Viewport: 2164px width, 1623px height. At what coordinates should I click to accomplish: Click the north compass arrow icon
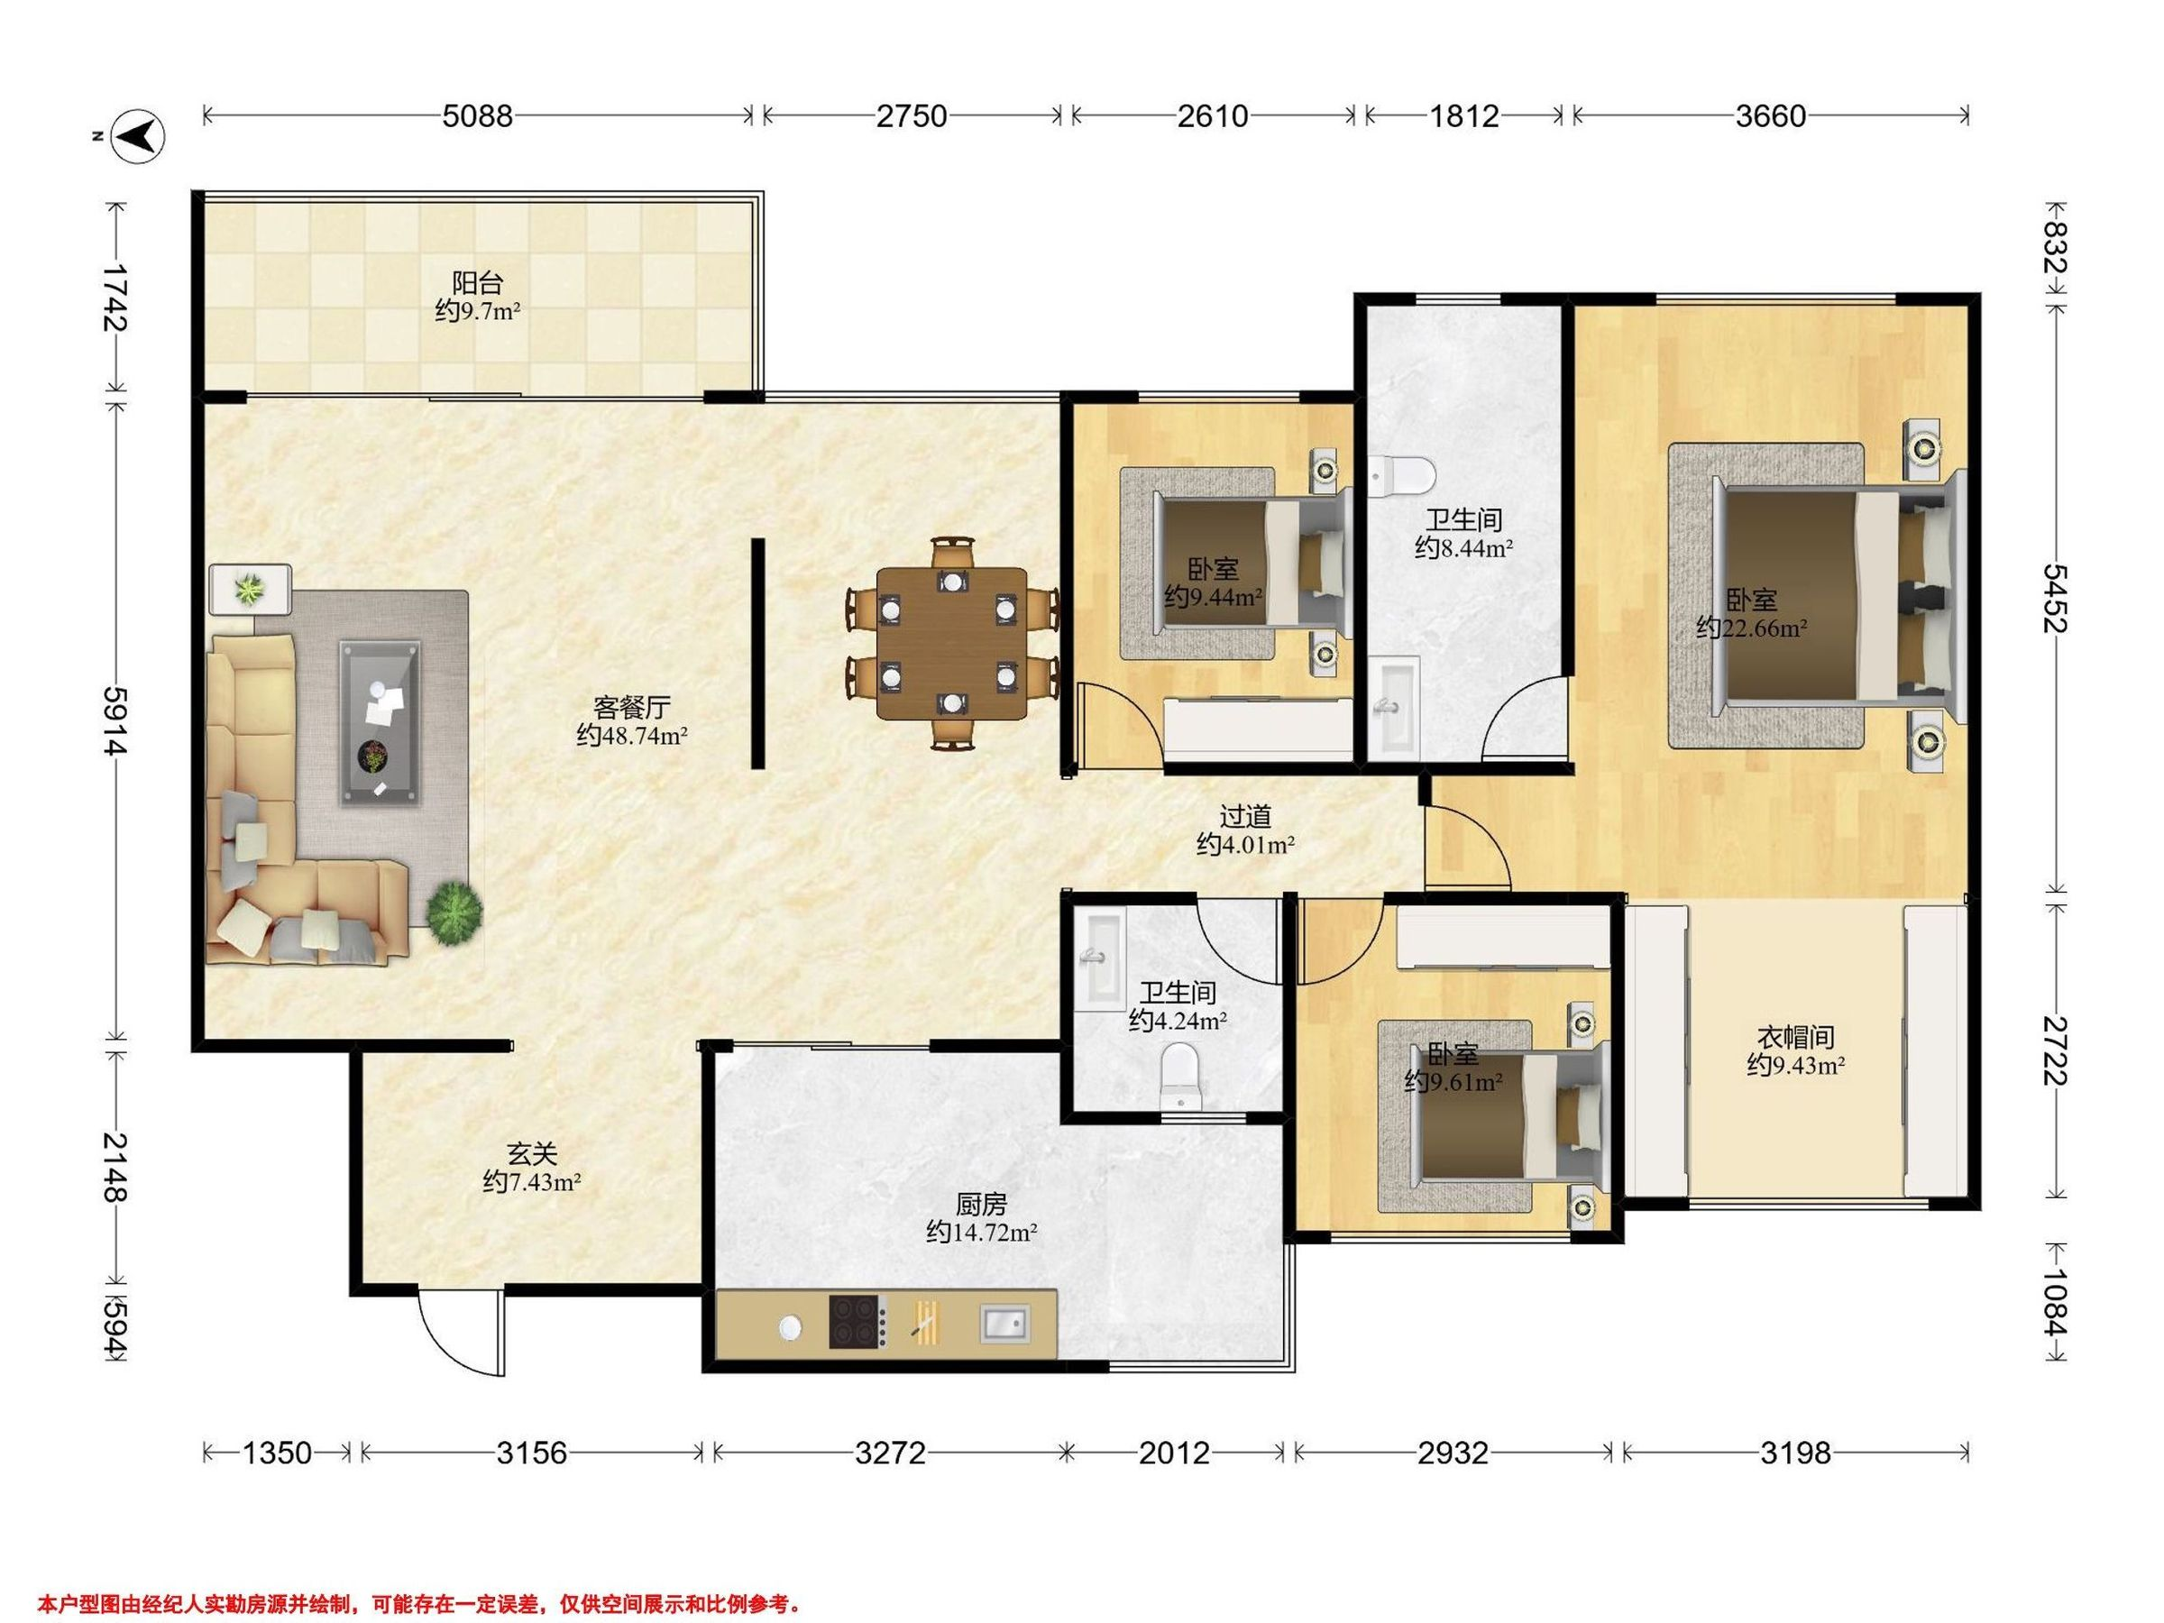coord(138,135)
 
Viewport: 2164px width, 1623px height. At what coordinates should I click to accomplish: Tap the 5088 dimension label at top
coord(477,116)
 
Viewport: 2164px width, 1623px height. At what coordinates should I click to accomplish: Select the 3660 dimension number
coord(1771,116)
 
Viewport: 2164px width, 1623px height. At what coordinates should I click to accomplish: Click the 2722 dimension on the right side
coord(2053,1051)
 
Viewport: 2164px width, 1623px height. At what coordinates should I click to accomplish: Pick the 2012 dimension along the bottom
coord(1174,1453)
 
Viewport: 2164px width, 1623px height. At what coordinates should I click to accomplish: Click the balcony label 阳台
coord(477,283)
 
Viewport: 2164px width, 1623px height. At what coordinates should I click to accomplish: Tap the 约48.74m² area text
coord(632,735)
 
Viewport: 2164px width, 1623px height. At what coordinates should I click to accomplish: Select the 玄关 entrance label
coord(532,1154)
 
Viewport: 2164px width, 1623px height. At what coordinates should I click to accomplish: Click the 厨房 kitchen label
coord(981,1204)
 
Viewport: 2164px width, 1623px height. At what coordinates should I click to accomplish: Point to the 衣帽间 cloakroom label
coord(1796,1036)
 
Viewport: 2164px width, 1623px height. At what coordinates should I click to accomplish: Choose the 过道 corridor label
coord(1245,815)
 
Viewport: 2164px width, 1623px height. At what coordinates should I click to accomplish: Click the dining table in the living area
coord(952,644)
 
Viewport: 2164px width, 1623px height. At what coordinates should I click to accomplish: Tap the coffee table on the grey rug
coord(381,724)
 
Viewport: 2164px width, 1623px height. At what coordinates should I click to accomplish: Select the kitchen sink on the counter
coord(1004,1324)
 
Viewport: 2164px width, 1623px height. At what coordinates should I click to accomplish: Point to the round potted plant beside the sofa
coord(454,912)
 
